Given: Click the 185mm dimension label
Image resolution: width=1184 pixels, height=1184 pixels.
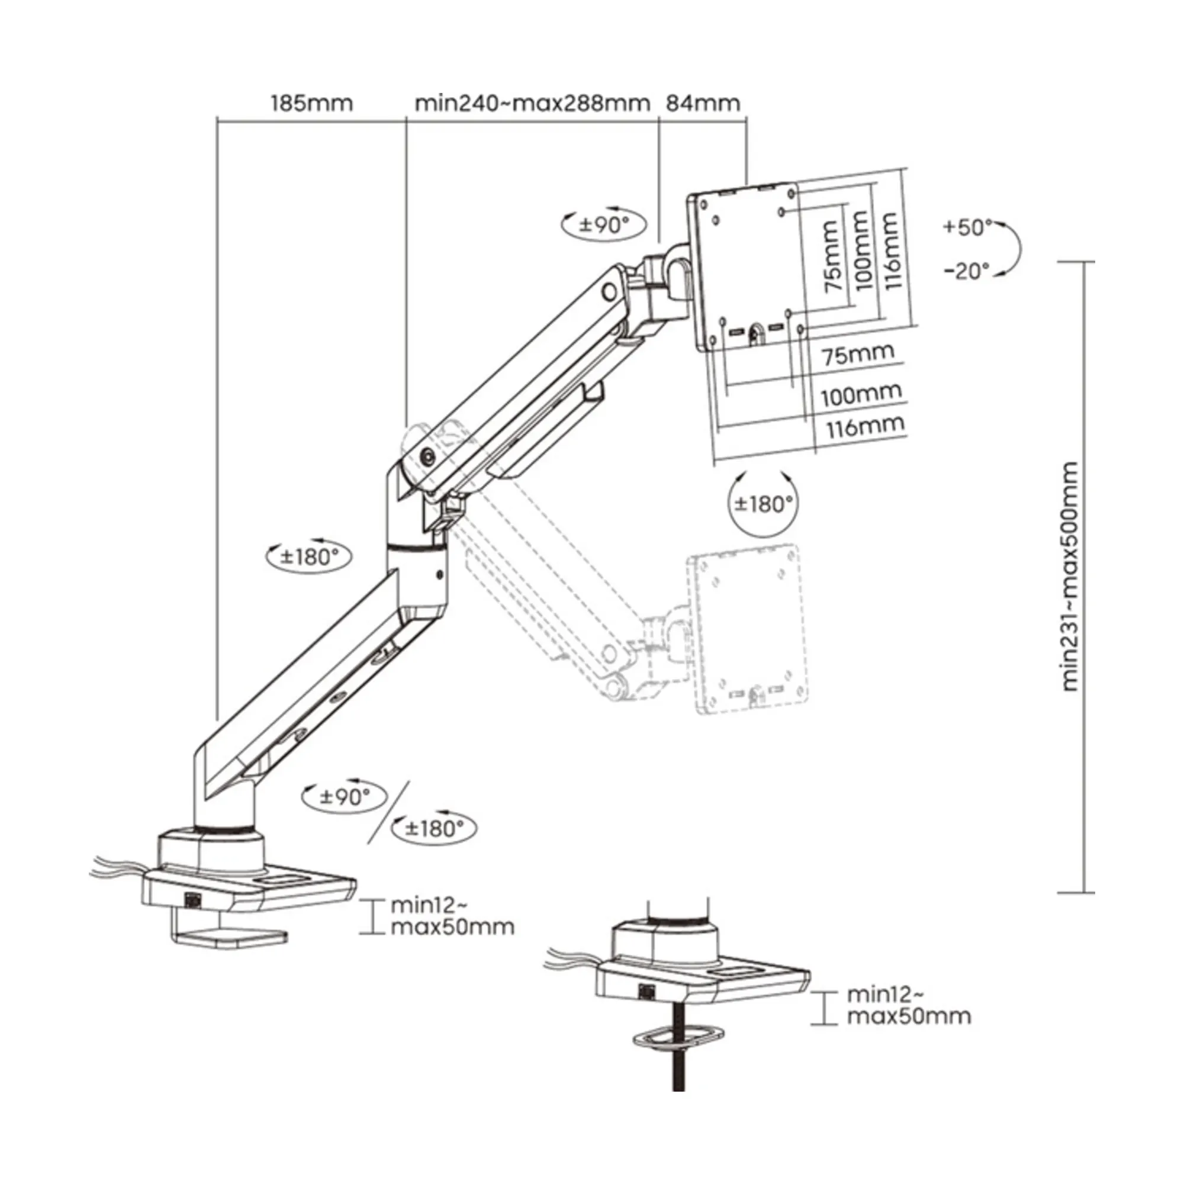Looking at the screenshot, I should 312,103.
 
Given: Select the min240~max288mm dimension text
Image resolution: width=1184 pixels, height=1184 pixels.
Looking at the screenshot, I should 532,103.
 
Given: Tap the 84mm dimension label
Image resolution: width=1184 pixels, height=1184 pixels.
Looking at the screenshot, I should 703,103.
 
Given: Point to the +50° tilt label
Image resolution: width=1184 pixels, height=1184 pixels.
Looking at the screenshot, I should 967,227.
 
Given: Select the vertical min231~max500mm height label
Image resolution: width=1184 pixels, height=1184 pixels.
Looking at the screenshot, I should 1070,576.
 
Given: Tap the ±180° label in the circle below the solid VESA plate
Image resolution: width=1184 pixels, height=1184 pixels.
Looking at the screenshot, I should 764,504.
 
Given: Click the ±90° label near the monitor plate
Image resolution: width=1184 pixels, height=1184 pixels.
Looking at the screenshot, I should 604,225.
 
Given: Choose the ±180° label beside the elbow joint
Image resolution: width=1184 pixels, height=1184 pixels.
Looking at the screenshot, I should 309,556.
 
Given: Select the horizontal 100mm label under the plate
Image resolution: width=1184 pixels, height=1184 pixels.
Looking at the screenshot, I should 861,395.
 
